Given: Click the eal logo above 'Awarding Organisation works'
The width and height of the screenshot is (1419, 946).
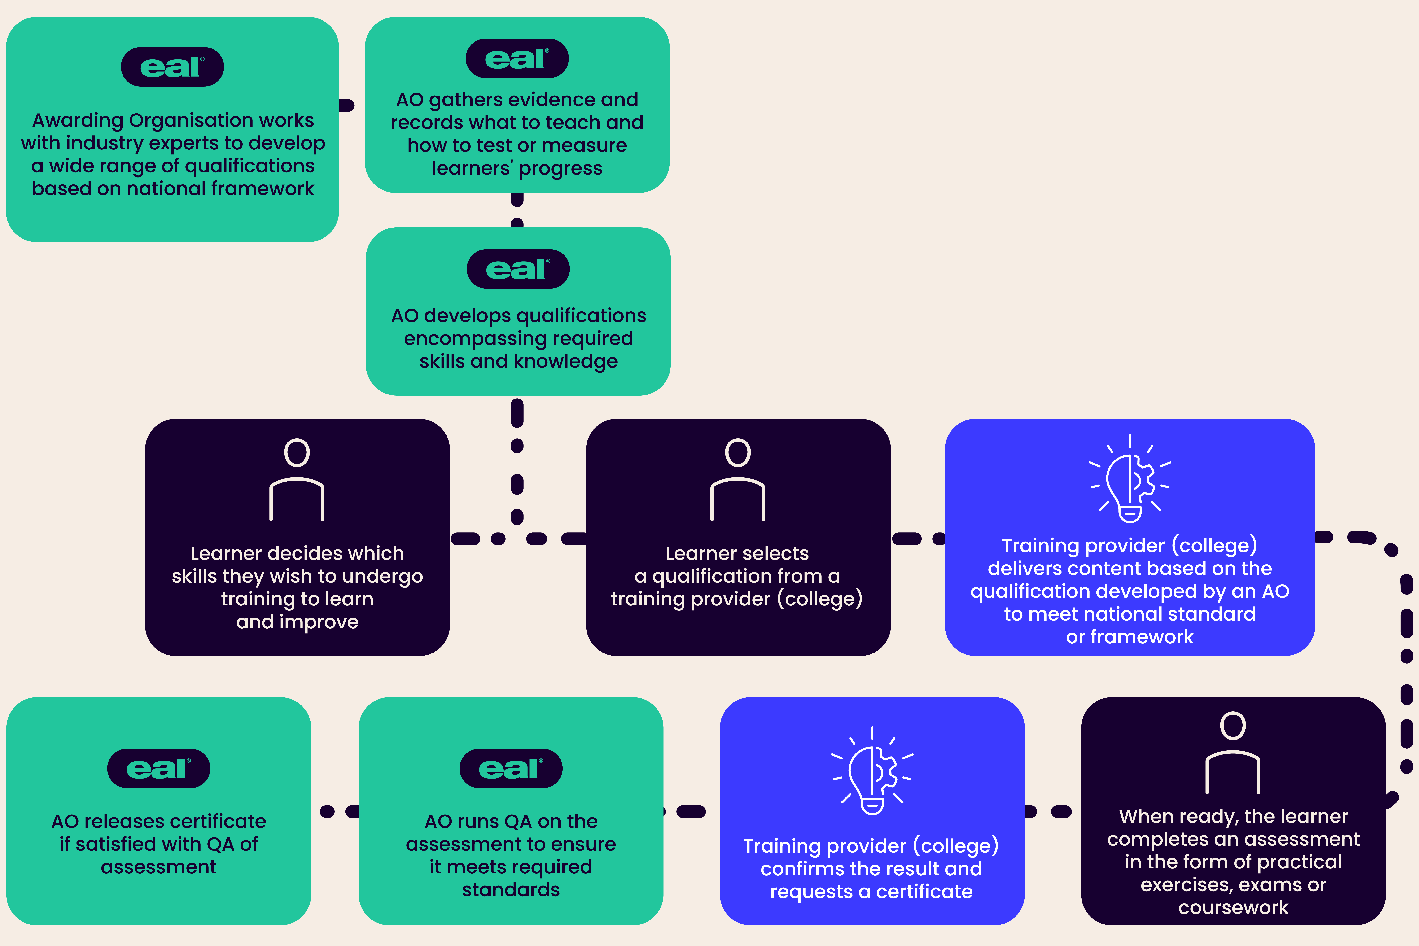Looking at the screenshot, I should click(x=172, y=67).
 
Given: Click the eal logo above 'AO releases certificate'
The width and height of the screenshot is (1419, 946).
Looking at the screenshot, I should click(x=159, y=769).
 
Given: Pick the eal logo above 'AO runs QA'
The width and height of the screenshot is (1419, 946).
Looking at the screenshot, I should click(x=511, y=769).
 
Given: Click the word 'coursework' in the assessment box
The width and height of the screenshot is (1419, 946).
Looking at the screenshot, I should click(x=1233, y=907).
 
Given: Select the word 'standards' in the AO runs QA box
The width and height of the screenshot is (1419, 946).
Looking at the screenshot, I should click(x=511, y=890).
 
